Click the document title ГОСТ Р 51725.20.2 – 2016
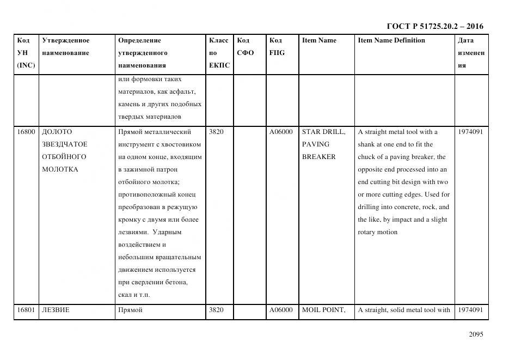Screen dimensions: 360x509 coord(434,26)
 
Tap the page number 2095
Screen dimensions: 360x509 coord(476,334)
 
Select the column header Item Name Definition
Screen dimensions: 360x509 coord(391,40)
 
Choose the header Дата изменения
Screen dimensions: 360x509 coord(471,53)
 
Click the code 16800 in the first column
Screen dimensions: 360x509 coord(26,132)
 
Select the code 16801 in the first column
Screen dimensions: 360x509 coord(26,310)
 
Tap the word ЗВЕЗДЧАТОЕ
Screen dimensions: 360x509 coord(65,144)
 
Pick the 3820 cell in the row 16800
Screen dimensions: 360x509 coord(216,132)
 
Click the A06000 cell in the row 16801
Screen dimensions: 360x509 coord(281,310)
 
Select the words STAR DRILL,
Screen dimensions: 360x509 coord(323,132)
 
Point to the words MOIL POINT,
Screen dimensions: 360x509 coord(323,310)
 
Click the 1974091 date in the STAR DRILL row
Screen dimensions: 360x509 coord(470,132)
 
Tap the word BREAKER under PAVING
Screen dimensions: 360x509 coord(319,157)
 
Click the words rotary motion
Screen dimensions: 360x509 coord(378,232)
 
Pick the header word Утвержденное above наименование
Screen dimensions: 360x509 coord(66,40)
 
